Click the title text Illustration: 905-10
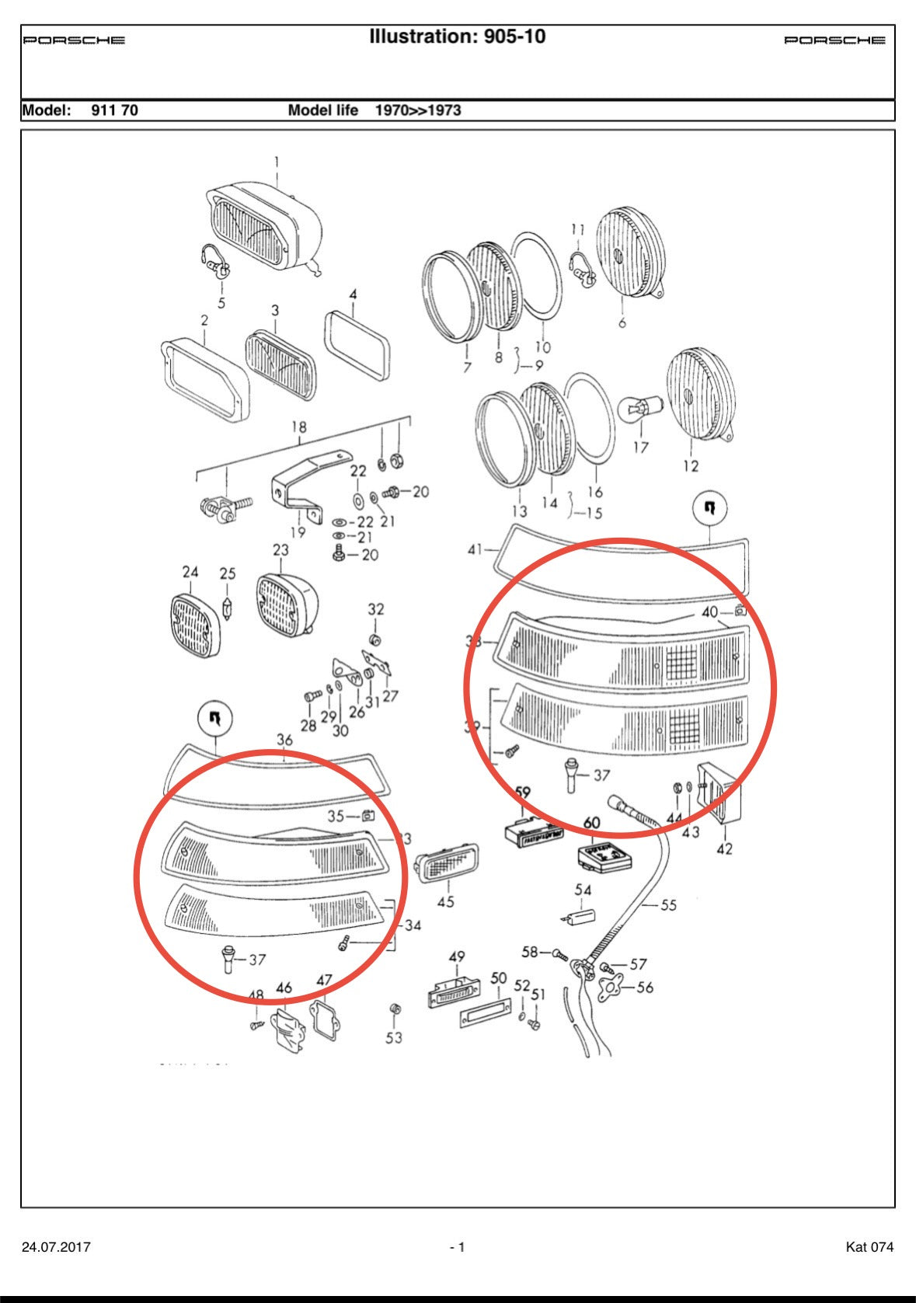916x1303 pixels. tap(457, 37)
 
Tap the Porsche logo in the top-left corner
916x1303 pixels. tap(74, 40)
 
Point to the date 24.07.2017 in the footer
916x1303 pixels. tap(56, 1247)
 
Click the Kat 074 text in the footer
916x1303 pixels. tap(869, 1247)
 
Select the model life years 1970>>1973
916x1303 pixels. tap(418, 110)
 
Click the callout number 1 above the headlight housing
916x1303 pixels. tap(276, 162)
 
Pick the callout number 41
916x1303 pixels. tap(475, 549)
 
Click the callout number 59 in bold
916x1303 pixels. tap(523, 793)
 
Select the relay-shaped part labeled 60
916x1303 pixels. tap(605, 856)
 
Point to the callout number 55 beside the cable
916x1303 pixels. tap(668, 904)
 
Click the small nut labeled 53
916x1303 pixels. tap(394, 1009)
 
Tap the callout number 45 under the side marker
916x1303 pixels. tap(445, 902)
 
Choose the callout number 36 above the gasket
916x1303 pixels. tap(284, 740)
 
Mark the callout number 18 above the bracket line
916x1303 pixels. tap(299, 427)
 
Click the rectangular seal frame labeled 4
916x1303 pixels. tap(357, 347)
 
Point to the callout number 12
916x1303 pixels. tap(691, 465)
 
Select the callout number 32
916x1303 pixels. tap(376, 609)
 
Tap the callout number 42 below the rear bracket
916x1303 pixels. tap(724, 849)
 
